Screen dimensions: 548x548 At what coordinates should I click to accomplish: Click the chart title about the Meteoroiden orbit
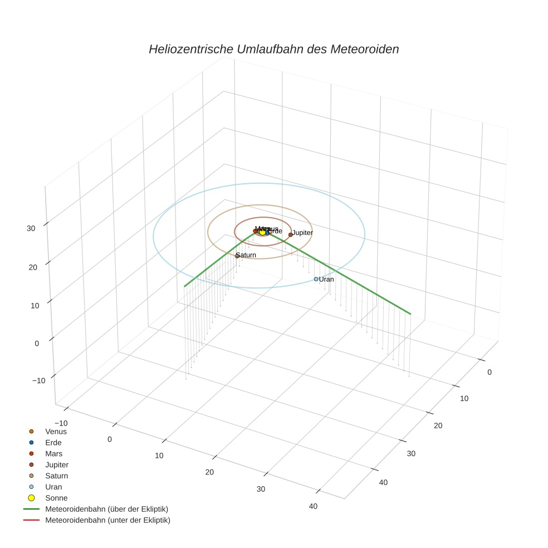(273, 49)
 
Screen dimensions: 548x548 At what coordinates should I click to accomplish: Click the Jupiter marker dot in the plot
(290, 234)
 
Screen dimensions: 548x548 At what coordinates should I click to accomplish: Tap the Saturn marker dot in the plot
(237, 256)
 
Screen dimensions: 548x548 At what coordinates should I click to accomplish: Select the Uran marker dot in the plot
(316, 279)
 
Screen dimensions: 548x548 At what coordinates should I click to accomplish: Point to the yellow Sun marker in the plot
(262, 232)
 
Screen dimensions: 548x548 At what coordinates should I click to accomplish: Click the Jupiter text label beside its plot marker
(303, 232)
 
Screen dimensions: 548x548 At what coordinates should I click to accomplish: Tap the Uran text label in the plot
(326, 279)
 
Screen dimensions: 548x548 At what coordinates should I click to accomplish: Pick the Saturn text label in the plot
(246, 255)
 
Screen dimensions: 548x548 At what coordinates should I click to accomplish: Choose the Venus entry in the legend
(56, 431)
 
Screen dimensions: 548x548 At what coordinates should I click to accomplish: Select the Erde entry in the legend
(53, 442)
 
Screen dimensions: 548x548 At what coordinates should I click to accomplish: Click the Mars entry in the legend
(53, 453)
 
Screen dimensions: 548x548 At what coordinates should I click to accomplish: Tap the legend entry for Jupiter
(57, 464)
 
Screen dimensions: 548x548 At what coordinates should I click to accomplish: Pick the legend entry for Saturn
(56, 476)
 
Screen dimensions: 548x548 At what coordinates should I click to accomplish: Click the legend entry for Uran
(53, 487)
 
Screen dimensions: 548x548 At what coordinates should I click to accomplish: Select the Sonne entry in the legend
(56, 498)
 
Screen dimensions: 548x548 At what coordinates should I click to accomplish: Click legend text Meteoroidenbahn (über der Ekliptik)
(106, 509)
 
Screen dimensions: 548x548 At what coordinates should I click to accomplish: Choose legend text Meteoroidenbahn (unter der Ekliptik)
(107, 520)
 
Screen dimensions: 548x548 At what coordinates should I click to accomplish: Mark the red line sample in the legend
(31, 520)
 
